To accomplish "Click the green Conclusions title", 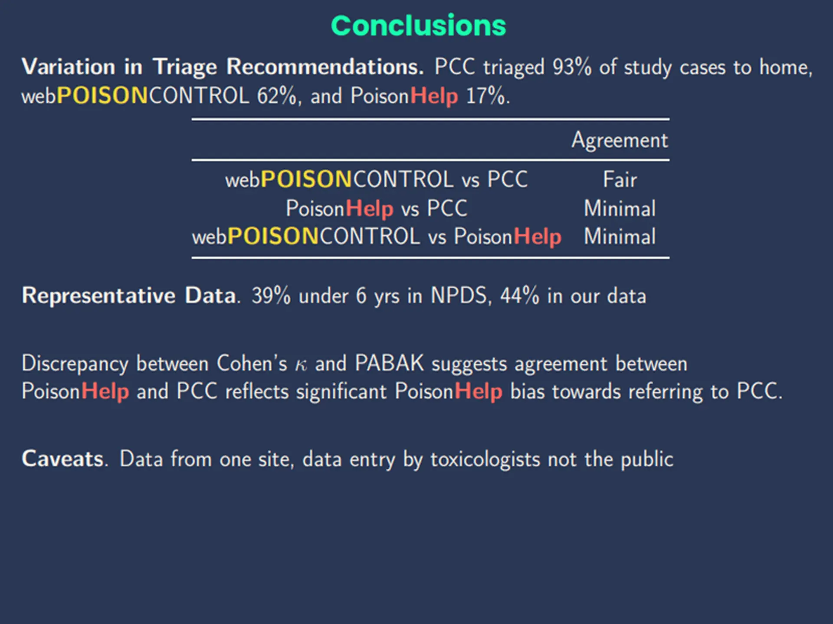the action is point(418,26).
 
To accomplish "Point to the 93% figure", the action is point(572,67).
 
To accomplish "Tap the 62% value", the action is point(276,96).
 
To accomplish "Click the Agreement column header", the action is point(620,140).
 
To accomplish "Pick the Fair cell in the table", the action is point(620,179).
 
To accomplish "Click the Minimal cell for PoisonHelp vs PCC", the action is point(620,208).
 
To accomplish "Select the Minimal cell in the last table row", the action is point(620,237).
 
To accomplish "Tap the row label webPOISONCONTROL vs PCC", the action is point(376,179).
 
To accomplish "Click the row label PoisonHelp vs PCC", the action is point(376,208).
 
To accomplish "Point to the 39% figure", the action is point(271,296).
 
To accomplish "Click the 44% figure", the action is point(520,296).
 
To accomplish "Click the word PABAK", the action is point(389,363).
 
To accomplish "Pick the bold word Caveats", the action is point(63,459).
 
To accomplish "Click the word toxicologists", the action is point(485,459).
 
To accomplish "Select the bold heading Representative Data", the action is point(129,296).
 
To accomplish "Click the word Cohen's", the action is point(252,363).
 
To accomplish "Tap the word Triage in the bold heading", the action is point(185,68).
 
